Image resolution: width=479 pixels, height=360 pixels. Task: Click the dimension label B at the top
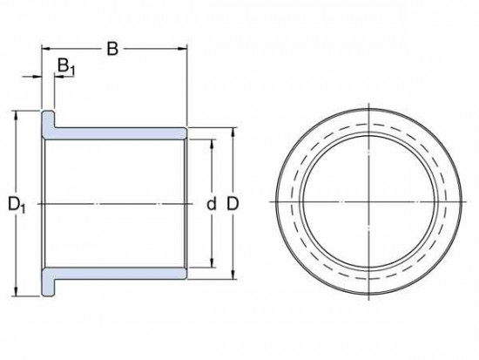tap(111, 48)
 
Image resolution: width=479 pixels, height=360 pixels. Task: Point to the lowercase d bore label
tap(210, 205)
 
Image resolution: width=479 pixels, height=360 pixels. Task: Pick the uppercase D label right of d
tap(233, 205)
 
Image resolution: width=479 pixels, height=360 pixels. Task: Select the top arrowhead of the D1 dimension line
tap(16, 113)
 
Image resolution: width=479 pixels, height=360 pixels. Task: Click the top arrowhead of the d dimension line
tap(210, 139)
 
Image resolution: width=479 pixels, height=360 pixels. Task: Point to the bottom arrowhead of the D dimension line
tap(233, 275)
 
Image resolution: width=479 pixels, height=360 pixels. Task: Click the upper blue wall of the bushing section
tap(118, 132)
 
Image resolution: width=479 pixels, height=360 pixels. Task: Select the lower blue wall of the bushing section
tap(118, 274)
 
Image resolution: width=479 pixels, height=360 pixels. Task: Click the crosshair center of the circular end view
tap(370, 203)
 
